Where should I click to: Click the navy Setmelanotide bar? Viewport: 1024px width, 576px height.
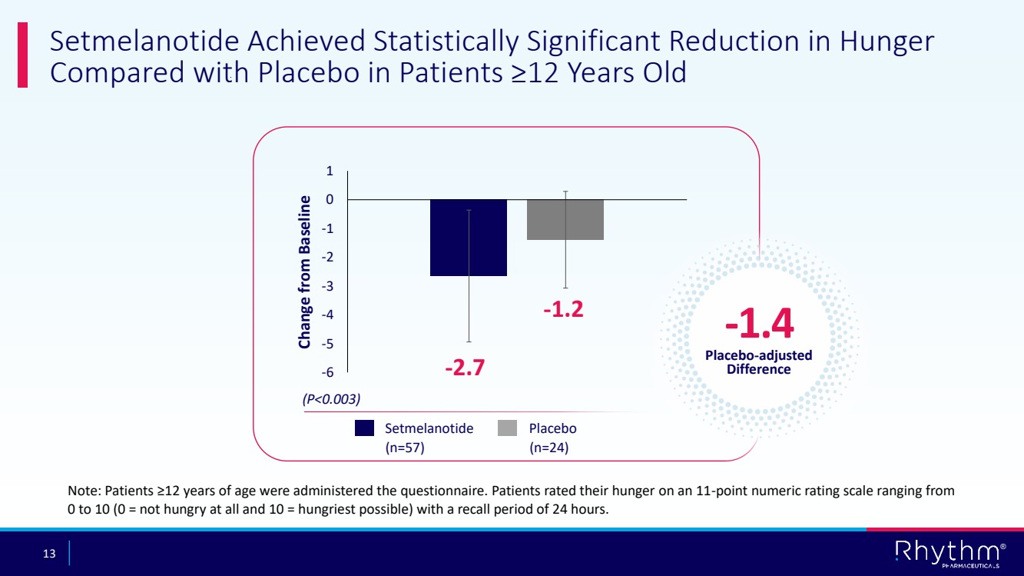[468, 237]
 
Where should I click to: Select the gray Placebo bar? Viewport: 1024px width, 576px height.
[565, 220]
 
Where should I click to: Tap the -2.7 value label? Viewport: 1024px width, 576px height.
[465, 368]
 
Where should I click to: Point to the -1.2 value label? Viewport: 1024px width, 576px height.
[563, 309]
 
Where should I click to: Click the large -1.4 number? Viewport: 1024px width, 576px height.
[759, 325]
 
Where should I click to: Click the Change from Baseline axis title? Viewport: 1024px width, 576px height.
[305, 271]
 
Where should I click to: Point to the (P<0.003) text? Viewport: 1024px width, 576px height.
[330, 399]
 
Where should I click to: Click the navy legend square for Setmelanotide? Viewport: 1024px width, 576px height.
[364, 428]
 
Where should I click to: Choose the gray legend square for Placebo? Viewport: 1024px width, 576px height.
[508, 428]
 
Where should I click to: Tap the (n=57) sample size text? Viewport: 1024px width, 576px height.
[405, 447]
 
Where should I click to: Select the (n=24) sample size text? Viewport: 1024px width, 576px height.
[549, 447]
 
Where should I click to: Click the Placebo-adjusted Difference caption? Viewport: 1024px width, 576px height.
[758, 362]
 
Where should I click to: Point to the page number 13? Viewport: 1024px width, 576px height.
[49, 554]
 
